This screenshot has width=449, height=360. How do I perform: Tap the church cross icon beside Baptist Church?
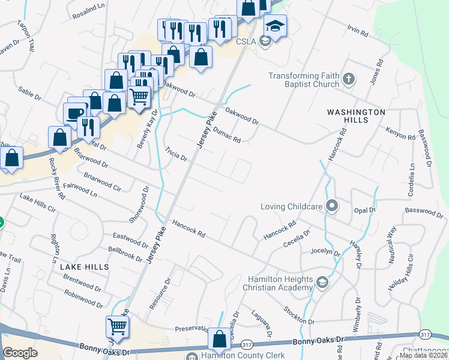(x=349, y=79)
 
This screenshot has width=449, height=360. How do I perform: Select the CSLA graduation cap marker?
(x=275, y=26)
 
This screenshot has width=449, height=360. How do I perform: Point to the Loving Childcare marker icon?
(x=332, y=207)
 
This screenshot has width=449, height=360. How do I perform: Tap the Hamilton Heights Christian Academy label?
(x=281, y=284)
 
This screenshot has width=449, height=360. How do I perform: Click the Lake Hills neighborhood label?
(x=85, y=266)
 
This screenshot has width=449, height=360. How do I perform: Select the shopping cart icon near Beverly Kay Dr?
(x=139, y=95)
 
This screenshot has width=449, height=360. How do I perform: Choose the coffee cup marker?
(x=75, y=113)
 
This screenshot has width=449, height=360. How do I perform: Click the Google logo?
(x=20, y=353)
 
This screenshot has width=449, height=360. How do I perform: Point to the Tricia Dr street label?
(x=176, y=154)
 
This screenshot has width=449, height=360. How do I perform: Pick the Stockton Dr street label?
(x=297, y=316)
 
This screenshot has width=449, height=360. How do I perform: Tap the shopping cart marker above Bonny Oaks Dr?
(x=118, y=326)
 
